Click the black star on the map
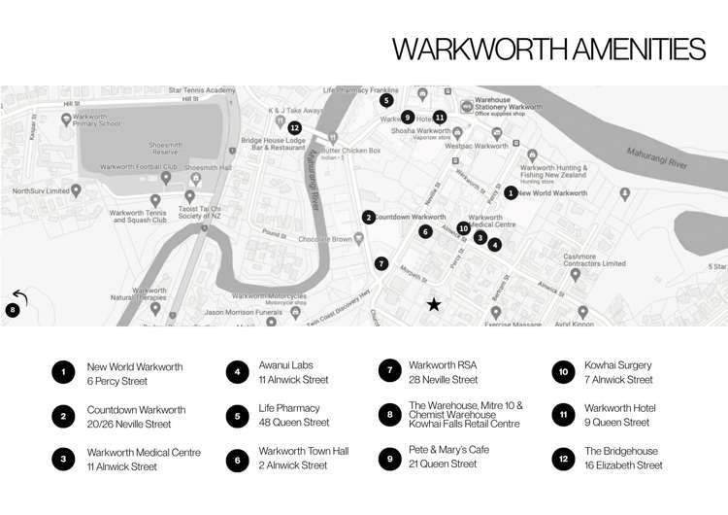(434, 305)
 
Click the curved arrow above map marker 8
(18, 297)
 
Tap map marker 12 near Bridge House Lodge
(295, 127)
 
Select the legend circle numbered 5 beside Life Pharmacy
(238, 416)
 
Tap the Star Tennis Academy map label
(202, 90)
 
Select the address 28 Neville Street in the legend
(444, 380)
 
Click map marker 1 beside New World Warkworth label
(512, 193)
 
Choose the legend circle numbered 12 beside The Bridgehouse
(564, 459)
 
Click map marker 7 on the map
(381, 263)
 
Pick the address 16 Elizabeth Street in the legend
(623, 465)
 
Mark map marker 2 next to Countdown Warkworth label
(369, 218)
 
